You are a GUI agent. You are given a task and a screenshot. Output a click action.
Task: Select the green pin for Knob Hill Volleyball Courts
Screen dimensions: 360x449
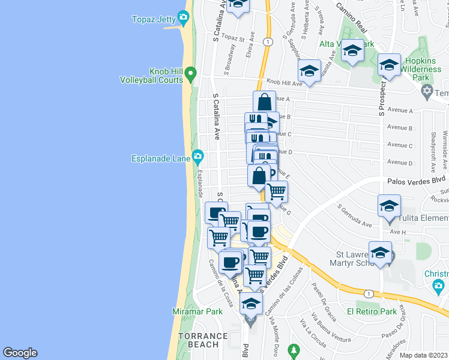[x=191, y=75]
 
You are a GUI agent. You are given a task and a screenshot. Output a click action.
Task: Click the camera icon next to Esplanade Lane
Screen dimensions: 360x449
[x=198, y=158]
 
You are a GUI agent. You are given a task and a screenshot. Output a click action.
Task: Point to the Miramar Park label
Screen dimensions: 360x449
[x=199, y=311]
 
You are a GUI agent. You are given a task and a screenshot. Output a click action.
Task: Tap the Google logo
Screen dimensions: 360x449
[x=20, y=353]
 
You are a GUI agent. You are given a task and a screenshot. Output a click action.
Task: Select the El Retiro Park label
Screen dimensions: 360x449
[x=372, y=311]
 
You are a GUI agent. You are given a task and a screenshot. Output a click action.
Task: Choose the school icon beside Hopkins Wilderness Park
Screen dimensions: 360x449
[x=389, y=65]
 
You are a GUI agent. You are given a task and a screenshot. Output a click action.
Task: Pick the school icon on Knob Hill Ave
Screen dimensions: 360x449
[x=309, y=71]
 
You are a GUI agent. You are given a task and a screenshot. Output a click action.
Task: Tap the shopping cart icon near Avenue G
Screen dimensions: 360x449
[x=276, y=192]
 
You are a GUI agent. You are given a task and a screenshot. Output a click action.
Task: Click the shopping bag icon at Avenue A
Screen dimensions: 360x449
[x=264, y=103]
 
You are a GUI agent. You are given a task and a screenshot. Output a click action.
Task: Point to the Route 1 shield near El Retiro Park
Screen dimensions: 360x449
[x=368, y=293]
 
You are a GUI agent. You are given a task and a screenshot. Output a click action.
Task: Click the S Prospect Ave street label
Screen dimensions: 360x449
[x=381, y=93]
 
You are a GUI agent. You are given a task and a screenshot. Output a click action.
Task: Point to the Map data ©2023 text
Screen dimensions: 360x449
[x=424, y=355]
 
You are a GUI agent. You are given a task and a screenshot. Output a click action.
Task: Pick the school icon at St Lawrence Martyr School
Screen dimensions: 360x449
[x=380, y=253]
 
